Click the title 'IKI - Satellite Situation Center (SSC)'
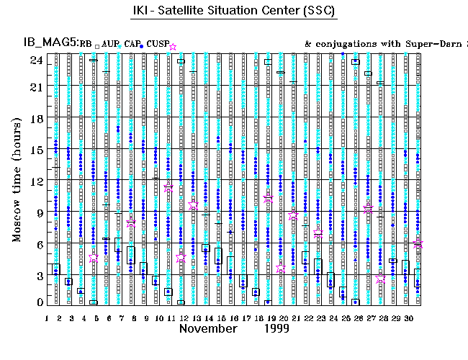click(x=235, y=12)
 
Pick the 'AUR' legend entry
click(x=110, y=45)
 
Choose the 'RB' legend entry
click(x=86, y=45)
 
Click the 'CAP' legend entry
click(x=132, y=45)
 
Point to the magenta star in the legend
click(x=173, y=47)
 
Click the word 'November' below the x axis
click(x=208, y=328)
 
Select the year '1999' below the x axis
click(x=276, y=328)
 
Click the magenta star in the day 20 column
click(x=281, y=269)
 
